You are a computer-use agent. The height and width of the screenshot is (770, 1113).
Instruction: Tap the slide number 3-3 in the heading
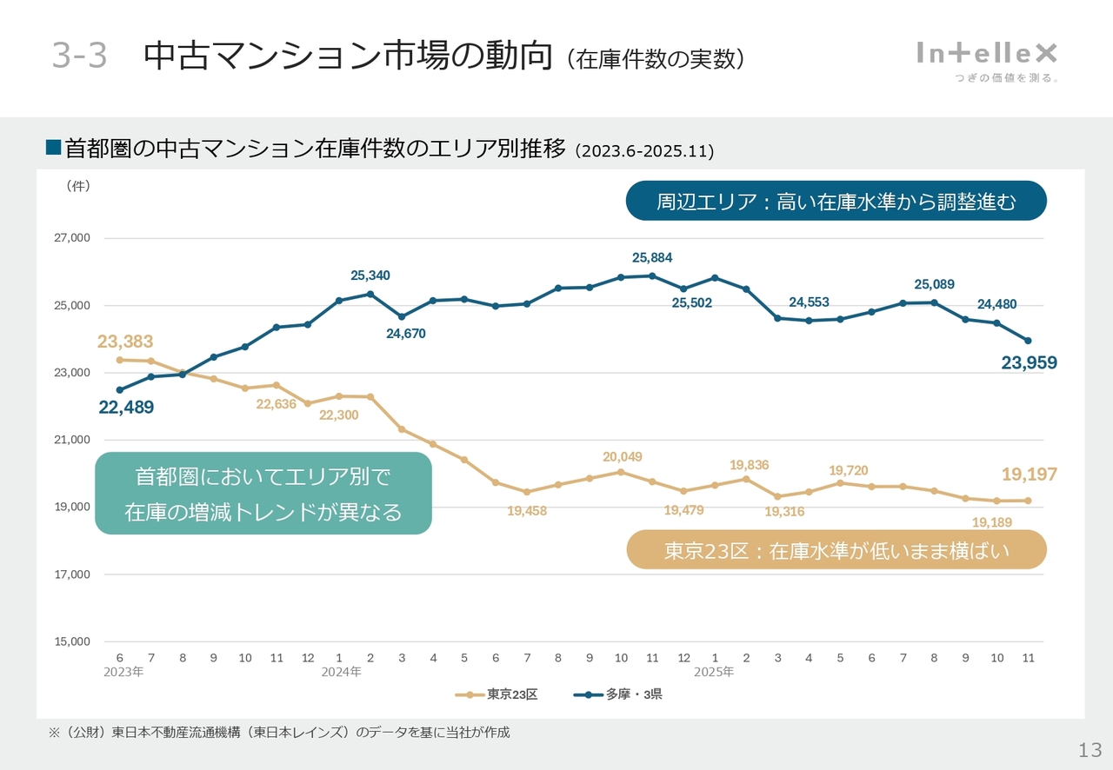click(x=79, y=56)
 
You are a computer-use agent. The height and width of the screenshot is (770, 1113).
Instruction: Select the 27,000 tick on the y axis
click(x=73, y=238)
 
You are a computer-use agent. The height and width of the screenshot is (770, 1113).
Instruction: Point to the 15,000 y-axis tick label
click(x=73, y=642)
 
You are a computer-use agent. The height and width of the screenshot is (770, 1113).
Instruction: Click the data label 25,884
click(x=652, y=258)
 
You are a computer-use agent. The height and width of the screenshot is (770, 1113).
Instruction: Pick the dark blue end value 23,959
click(x=1029, y=363)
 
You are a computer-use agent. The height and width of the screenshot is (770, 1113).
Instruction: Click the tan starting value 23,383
click(x=125, y=342)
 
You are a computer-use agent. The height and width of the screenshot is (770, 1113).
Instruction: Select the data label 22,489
click(x=126, y=408)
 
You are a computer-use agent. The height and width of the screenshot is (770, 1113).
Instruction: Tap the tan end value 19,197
click(x=1029, y=475)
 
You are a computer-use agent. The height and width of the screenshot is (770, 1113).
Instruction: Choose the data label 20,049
click(x=623, y=457)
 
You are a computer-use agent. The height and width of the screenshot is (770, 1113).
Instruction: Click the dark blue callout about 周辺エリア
click(x=836, y=202)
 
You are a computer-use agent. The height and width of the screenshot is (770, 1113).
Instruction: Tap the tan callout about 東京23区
click(x=836, y=550)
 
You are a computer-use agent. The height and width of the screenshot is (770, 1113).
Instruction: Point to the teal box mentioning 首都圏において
click(x=263, y=494)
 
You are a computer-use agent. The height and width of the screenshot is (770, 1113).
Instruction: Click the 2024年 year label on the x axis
click(x=341, y=672)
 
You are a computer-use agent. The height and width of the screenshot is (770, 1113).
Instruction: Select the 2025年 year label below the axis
click(x=714, y=672)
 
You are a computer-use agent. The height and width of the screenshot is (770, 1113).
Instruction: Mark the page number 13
click(x=1090, y=750)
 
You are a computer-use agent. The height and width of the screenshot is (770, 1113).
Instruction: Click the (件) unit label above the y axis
click(x=78, y=186)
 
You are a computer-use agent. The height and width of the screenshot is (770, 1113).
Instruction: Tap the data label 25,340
click(x=370, y=275)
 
